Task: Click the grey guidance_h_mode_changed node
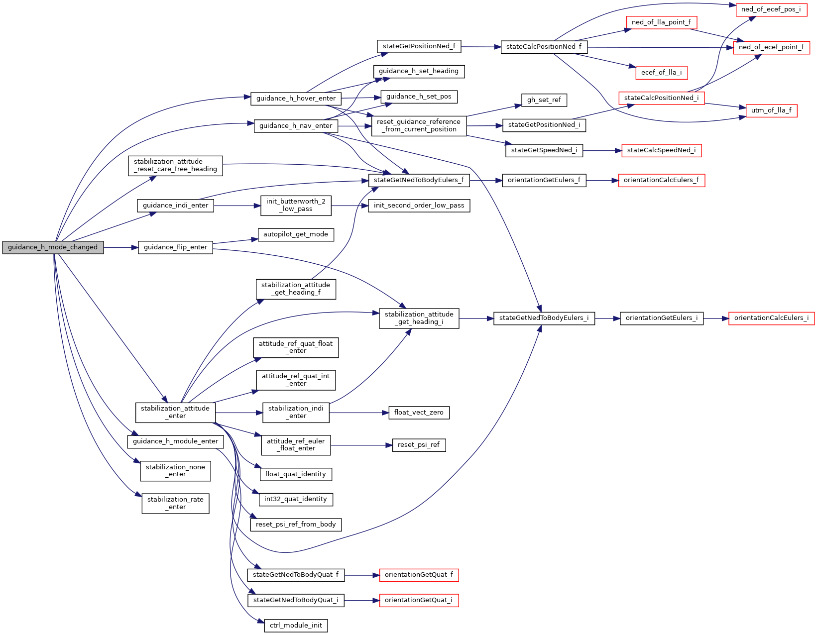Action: point(53,247)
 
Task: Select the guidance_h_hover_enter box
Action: point(296,99)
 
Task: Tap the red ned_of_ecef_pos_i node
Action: point(771,9)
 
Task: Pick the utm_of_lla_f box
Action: point(771,110)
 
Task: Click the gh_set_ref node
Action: point(544,100)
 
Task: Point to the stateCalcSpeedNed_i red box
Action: point(661,150)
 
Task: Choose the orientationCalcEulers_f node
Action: point(661,180)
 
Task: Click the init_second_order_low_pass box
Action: point(419,206)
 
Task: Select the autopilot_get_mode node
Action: point(295,234)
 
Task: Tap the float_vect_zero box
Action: point(419,413)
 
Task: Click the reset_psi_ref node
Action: point(419,445)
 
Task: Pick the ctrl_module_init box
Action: point(296,626)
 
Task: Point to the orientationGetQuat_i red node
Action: point(418,600)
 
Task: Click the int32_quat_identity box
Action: point(295,499)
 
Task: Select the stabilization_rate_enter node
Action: point(175,503)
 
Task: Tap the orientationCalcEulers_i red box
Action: point(771,318)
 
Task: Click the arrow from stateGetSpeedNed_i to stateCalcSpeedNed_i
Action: point(602,150)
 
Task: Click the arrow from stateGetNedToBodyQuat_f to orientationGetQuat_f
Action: point(361,575)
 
